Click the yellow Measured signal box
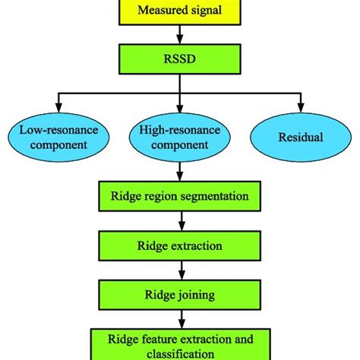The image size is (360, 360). tap(179, 10)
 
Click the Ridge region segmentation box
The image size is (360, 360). tap(179, 196)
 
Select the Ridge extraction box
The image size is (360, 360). tap(179, 245)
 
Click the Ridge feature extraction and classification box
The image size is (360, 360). tap(179, 343)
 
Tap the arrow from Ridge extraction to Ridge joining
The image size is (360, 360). tap(179, 270)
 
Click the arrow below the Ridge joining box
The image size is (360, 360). tap(179, 319)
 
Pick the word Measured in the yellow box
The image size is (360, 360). tap(158, 10)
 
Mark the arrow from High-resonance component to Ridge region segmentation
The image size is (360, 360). tap(179, 172)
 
